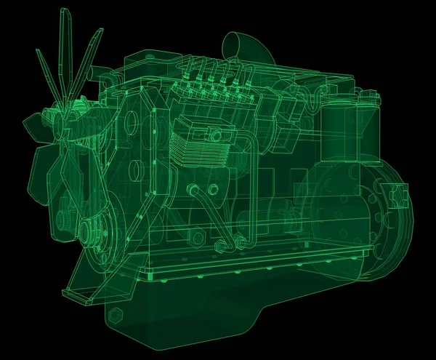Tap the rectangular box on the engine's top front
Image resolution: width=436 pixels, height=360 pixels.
pos(138,65)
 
